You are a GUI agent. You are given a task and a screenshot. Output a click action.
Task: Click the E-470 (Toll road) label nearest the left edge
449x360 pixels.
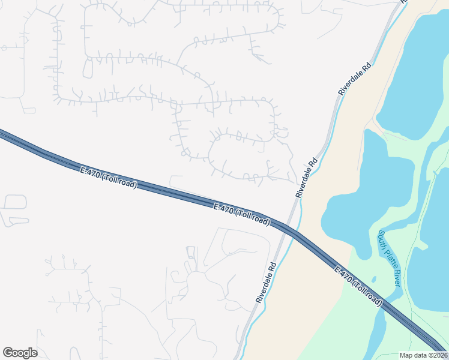click(109, 177)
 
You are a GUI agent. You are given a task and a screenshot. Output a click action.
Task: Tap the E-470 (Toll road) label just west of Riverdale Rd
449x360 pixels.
click(242, 214)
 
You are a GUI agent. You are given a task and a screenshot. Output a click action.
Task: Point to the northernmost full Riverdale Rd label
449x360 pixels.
click(355, 77)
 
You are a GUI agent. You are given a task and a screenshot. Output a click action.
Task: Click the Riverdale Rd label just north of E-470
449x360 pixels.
click(306, 178)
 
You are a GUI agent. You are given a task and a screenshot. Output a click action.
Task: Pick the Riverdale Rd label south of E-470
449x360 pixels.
click(265, 281)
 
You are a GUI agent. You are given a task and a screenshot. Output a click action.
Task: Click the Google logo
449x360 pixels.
click(20, 353)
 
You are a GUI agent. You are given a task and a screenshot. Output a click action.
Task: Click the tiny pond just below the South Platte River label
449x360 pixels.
click(374, 279)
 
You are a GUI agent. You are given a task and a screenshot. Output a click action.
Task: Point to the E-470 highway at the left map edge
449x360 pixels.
click(5, 136)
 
